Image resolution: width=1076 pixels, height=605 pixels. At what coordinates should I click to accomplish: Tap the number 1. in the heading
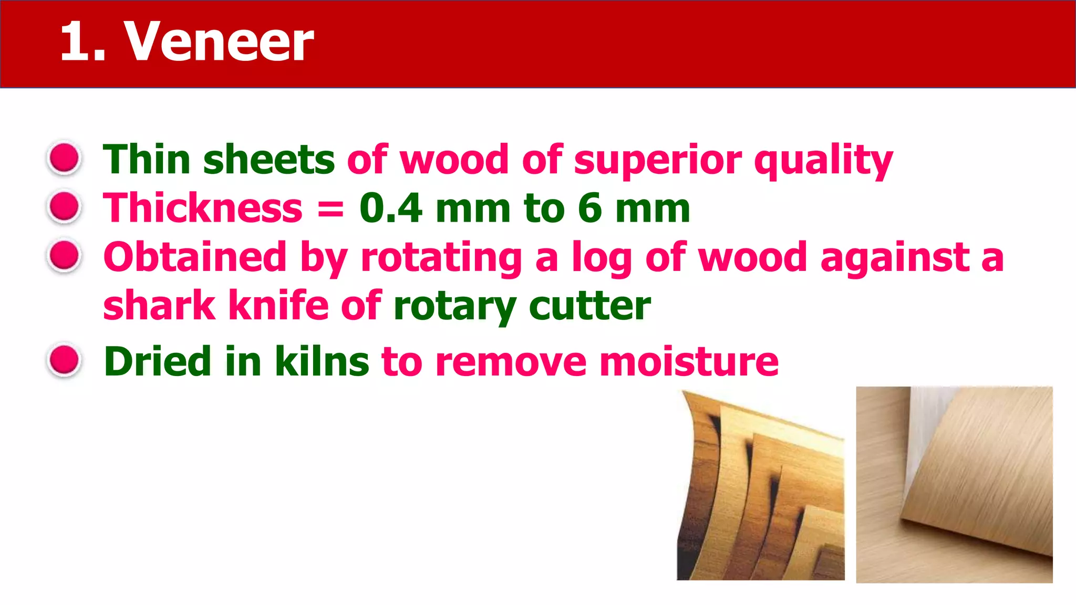(x=83, y=42)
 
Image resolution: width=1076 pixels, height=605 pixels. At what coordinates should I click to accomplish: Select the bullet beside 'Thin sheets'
(x=64, y=158)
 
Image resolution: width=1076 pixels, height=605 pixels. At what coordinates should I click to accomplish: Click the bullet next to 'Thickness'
(x=64, y=206)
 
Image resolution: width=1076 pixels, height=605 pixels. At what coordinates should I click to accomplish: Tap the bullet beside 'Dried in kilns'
(x=64, y=360)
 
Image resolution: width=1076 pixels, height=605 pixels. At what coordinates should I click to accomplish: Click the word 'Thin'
(x=147, y=159)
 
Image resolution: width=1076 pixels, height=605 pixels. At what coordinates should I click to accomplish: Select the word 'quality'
(x=823, y=160)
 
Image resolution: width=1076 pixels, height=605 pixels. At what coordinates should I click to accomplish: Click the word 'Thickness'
(x=203, y=208)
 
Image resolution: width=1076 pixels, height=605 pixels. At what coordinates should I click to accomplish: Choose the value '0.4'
(x=391, y=208)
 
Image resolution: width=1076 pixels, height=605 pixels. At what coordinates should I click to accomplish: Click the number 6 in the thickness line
(x=590, y=208)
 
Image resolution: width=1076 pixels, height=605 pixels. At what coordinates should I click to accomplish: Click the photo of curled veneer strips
(x=761, y=486)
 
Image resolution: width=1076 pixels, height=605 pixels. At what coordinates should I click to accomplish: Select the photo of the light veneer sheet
(x=954, y=485)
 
